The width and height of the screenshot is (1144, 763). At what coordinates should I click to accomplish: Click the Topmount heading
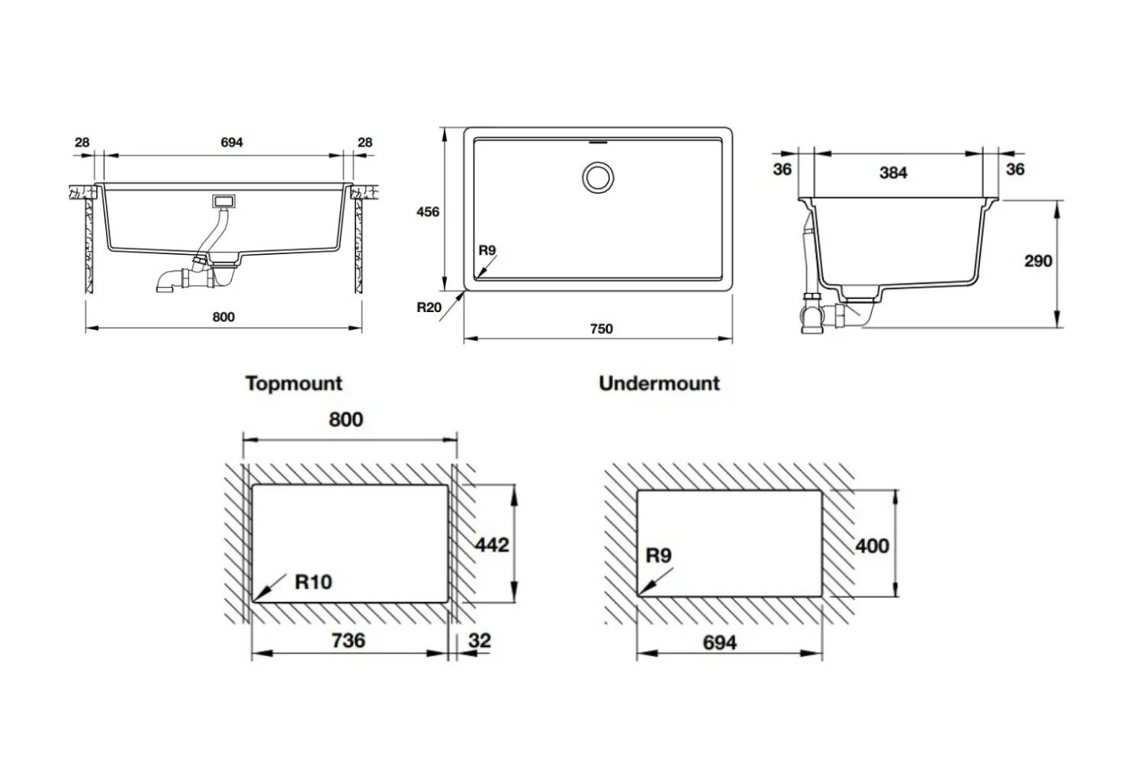[294, 383]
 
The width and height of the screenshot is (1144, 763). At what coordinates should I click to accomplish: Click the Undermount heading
[659, 383]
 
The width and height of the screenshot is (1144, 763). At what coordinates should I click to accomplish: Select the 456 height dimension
[427, 212]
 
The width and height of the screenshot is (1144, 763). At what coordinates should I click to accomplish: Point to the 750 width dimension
[601, 329]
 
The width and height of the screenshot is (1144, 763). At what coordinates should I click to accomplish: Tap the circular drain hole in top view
[597, 177]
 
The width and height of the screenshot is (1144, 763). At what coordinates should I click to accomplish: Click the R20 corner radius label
[429, 308]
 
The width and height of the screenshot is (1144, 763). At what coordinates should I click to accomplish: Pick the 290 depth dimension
[1037, 261]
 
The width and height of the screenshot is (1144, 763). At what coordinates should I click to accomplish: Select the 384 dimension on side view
[892, 172]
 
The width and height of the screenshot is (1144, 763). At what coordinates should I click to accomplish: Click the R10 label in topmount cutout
[313, 582]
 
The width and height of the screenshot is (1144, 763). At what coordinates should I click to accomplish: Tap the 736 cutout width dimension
[348, 640]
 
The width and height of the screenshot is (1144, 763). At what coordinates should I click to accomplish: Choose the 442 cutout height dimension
[491, 545]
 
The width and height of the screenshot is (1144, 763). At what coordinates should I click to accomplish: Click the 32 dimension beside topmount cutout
[479, 640]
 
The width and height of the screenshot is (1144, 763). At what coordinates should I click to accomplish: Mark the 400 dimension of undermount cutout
[872, 546]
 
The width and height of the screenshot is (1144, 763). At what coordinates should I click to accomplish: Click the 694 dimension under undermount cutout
[719, 642]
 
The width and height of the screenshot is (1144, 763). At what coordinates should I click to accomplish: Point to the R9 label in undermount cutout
[658, 555]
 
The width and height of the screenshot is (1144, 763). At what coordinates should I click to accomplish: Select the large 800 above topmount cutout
[345, 420]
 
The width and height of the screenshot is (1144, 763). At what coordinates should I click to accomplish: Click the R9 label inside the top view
[487, 250]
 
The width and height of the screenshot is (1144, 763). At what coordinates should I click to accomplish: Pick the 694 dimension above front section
[231, 143]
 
